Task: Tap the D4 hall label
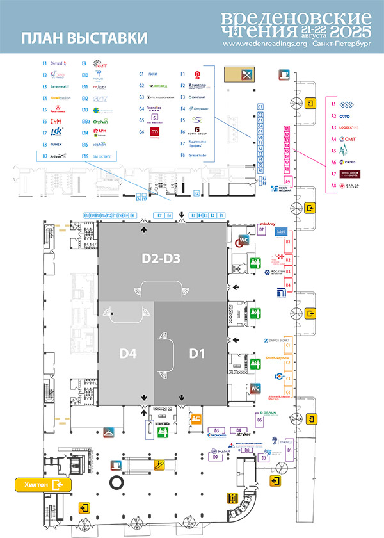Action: point(126,353)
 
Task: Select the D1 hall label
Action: point(196,353)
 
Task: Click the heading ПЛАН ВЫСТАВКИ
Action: point(84,38)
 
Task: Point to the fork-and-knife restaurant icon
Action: point(246,74)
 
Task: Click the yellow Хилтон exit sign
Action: point(42,485)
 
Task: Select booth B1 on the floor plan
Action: point(288,242)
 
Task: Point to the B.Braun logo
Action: point(269,412)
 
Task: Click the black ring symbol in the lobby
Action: point(117,481)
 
